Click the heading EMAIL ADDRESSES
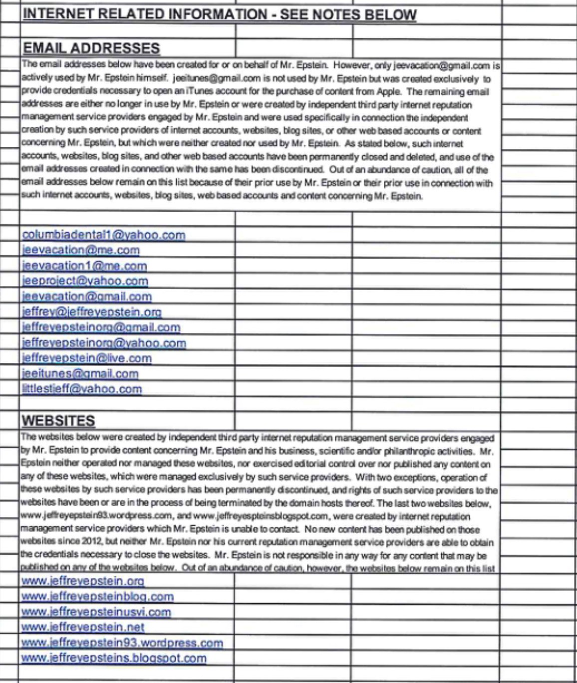pos(91,48)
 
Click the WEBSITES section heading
pos(59,420)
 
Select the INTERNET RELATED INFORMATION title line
pos(220,14)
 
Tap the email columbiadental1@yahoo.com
pos(104,235)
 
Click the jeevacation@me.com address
pos(81,250)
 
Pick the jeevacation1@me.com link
pos(84,266)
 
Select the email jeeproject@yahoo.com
pos(85,281)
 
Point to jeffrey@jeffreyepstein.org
pos(92,312)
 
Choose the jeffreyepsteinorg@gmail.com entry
pos(101,328)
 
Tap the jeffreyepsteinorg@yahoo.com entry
pos(104,343)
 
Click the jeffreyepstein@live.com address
pos(87,358)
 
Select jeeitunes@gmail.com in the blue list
pos(80,373)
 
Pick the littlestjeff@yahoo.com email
pos(82,389)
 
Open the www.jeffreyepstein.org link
pos(83,581)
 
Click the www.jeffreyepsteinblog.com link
pos(98,597)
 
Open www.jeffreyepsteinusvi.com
pos(96,612)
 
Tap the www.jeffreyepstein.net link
pos(83,627)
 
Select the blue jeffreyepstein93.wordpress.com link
pos(122,643)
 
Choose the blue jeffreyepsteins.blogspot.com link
pos(114,658)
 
